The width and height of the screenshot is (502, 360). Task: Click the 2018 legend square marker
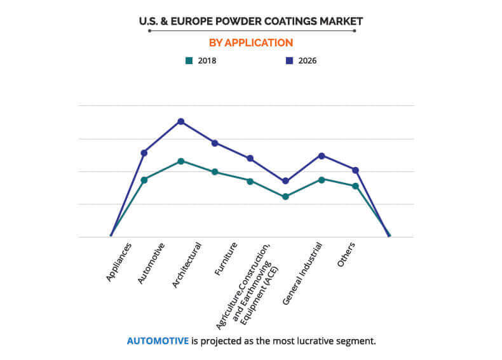click(x=189, y=61)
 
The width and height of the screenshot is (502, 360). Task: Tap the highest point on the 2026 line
click(x=180, y=121)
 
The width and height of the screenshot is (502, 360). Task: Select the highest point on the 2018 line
click(x=180, y=161)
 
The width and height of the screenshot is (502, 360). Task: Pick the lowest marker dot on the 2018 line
click(x=285, y=197)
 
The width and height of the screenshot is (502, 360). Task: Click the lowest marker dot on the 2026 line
click(x=285, y=181)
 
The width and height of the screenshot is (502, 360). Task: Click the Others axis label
click(x=346, y=255)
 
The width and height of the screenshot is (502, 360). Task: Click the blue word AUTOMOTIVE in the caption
click(x=158, y=341)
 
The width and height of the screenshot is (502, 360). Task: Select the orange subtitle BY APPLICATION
click(x=251, y=43)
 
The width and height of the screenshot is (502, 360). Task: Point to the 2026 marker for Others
click(x=356, y=170)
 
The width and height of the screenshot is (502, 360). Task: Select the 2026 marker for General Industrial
click(x=322, y=156)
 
